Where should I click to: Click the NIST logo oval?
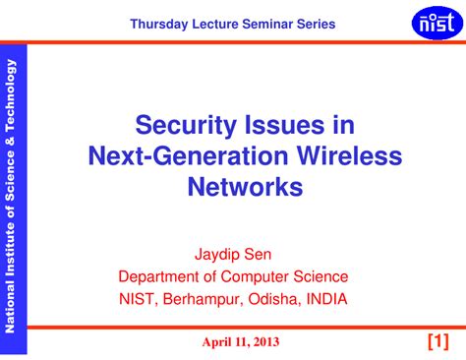tap(437, 23)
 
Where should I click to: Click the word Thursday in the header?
tap(159, 25)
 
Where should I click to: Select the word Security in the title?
tap(186, 125)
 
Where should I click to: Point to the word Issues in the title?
tap(285, 125)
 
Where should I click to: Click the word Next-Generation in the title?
tap(188, 156)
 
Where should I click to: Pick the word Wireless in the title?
tap(350, 155)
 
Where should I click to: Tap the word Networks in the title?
tap(245, 187)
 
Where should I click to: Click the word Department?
tap(159, 277)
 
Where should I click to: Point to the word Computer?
tap(255, 277)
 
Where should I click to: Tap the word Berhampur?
tap(203, 299)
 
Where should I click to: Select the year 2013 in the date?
tap(266, 342)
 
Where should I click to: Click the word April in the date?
tap(214, 342)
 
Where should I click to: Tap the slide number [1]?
tap(438, 341)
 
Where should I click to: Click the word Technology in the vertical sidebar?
tap(10, 95)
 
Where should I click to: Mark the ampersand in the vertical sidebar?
tap(10, 142)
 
